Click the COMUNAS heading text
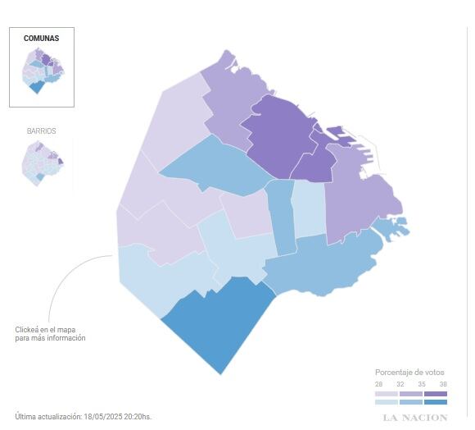point(41,39)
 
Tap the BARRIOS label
point(41,131)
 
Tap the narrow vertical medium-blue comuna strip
point(283,217)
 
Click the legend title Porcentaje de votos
point(410,373)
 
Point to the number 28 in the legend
point(379,384)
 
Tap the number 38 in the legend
point(443,384)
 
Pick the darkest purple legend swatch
point(436,394)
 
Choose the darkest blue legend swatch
point(436,401)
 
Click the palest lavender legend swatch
point(387,394)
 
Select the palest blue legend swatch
point(387,401)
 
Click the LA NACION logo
point(416,418)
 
